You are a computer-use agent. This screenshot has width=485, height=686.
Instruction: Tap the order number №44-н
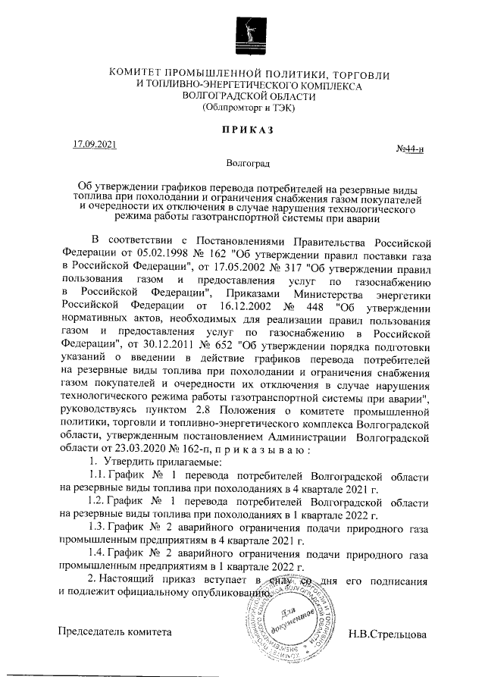pos(411,150)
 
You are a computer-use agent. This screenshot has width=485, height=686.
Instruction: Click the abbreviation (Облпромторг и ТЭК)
pos(249,108)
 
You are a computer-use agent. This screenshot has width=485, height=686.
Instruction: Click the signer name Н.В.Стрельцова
pos(387,633)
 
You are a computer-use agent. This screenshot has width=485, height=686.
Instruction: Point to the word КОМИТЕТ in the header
pos(143,74)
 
